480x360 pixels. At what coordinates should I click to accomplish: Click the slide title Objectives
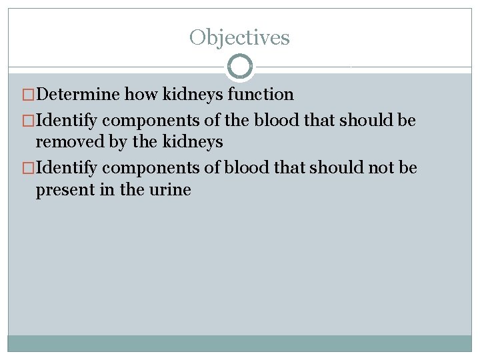tap(239, 37)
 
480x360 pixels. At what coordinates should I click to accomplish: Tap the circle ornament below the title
tap(240, 67)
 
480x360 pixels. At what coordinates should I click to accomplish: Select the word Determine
tap(78, 95)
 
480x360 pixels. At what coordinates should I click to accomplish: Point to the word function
tap(260, 95)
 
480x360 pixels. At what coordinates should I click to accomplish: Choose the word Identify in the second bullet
tap(67, 121)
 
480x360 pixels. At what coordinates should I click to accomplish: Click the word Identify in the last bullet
tap(67, 167)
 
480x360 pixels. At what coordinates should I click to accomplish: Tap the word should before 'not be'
tap(343, 167)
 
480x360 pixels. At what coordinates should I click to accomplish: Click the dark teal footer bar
tap(239, 343)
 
